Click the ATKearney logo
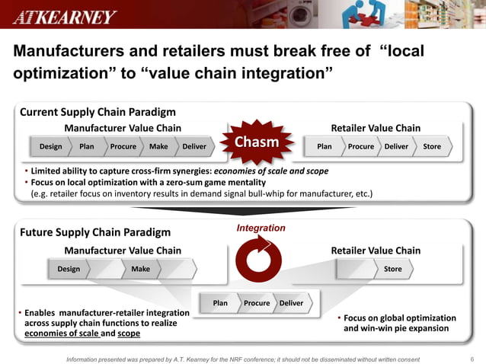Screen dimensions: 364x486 [x=65, y=17]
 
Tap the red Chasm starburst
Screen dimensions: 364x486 [x=255, y=143]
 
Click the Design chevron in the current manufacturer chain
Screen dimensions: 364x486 [x=51, y=146]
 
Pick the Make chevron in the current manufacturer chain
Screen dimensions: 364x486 [x=158, y=146]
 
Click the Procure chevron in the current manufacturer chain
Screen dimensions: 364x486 [x=123, y=146]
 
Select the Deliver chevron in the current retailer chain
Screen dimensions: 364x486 [x=396, y=146]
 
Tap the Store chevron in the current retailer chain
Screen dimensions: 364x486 [x=432, y=146]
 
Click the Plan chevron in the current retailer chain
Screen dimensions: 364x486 [x=324, y=146]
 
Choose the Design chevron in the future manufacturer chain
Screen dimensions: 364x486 [x=69, y=269]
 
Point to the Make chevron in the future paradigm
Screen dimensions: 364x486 [x=140, y=269]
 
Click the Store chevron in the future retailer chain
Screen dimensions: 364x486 [x=392, y=269]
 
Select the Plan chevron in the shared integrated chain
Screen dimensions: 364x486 [x=220, y=303]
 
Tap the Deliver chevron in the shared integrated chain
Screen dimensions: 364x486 [x=291, y=303]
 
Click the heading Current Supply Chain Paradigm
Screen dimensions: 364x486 [x=98, y=112]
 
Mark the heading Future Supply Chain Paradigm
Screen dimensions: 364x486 [x=95, y=232]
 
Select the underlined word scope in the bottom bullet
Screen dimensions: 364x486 [x=129, y=334]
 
